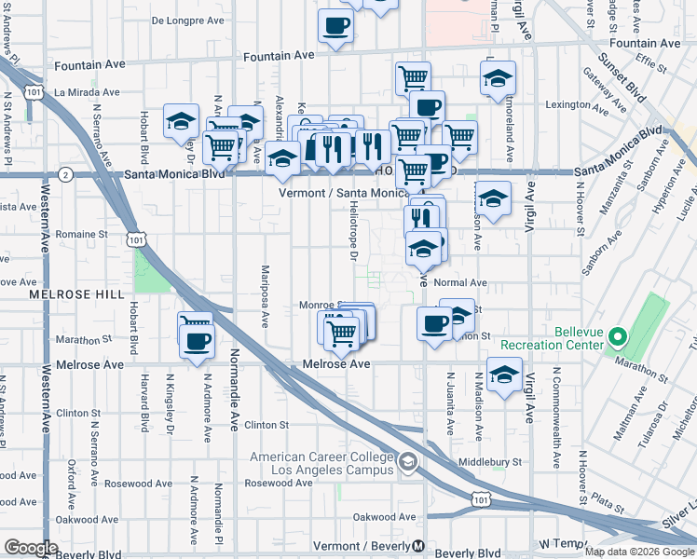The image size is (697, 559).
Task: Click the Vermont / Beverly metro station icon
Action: (x=419, y=546)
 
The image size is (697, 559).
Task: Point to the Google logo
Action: (x=31, y=548)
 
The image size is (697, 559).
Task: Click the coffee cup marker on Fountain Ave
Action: (x=336, y=26)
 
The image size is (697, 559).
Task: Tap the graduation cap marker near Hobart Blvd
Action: (x=181, y=121)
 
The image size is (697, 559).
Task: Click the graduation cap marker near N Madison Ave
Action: (x=504, y=375)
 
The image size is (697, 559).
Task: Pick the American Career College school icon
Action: (x=406, y=461)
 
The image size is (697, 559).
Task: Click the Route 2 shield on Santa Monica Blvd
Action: (x=64, y=174)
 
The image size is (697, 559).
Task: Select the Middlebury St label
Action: (x=490, y=462)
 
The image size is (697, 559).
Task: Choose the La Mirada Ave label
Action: (x=88, y=92)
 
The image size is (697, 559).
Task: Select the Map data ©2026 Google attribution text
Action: (x=638, y=552)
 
